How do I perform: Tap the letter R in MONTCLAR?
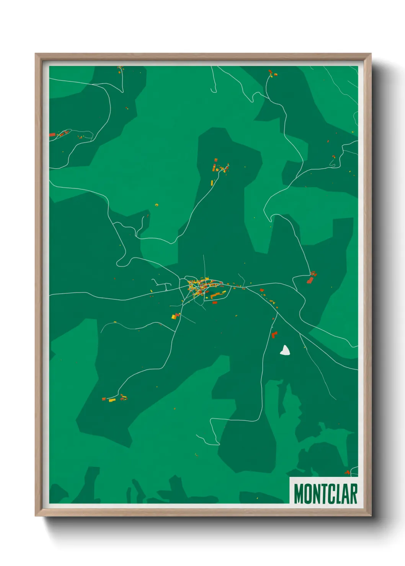[353, 494]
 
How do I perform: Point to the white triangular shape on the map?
[284, 350]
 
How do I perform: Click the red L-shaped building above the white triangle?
[274, 335]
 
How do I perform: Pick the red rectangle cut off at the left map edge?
[52, 135]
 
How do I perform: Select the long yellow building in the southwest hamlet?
[112, 400]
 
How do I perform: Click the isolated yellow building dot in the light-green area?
[157, 205]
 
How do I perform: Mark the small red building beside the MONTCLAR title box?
[347, 473]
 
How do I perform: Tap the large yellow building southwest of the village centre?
[175, 316]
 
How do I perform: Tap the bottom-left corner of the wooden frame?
[36, 516]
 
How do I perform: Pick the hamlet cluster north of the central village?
[220, 167]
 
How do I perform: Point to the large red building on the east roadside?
[310, 280]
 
